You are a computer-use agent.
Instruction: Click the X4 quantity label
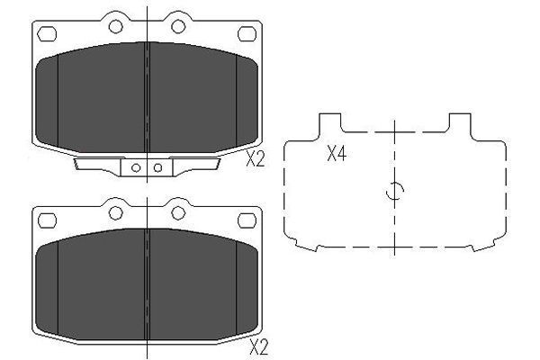coord(336,154)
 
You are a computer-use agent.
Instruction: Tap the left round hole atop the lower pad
coord(114,212)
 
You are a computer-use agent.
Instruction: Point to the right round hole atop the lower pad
coord(178,212)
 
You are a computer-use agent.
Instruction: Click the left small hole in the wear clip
coord(135,166)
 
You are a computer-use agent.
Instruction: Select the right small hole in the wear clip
coord(157,166)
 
